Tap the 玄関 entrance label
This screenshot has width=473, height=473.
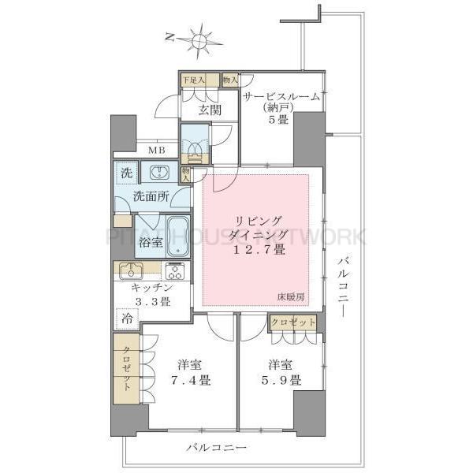[209, 110]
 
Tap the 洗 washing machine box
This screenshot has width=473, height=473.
[127, 173]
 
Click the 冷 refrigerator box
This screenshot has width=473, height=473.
[126, 318]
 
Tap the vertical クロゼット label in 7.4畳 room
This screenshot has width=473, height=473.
[125, 369]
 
